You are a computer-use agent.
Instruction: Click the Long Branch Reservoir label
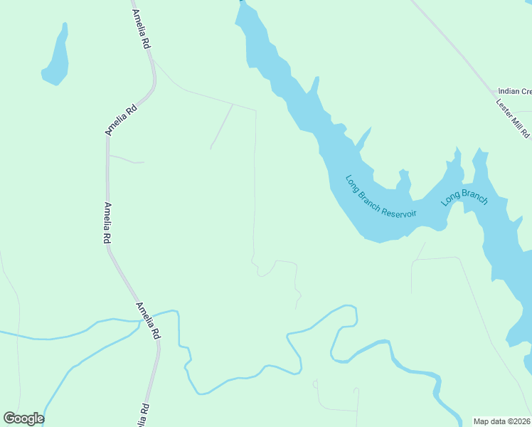(381, 197)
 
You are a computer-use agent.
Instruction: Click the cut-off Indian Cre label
(515, 91)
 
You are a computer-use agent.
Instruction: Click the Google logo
(23, 418)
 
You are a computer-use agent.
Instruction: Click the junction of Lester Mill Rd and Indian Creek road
(496, 92)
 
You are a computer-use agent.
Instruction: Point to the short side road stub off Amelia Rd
(126, 159)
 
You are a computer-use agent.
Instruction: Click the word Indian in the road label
(509, 91)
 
